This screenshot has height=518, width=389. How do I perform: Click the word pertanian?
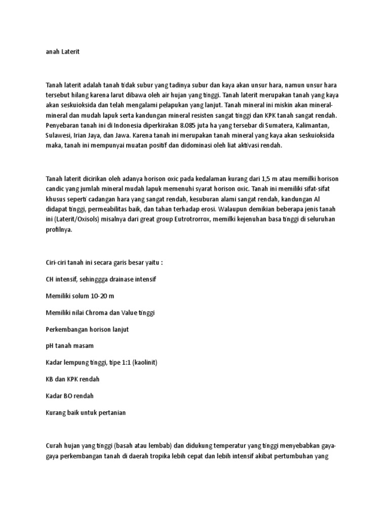107,412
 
